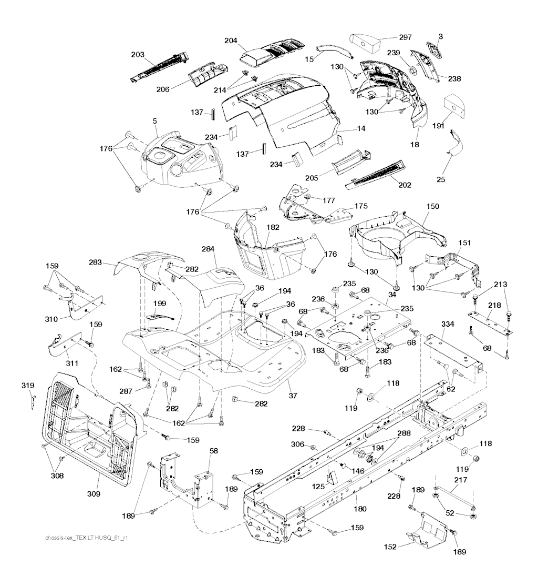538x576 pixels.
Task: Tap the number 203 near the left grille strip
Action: point(137,55)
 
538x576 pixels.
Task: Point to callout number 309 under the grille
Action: point(94,493)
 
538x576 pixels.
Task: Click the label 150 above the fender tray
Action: point(418,207)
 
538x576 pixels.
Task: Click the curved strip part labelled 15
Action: point(336,50)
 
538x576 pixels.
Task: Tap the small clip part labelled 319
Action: point(33,401)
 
